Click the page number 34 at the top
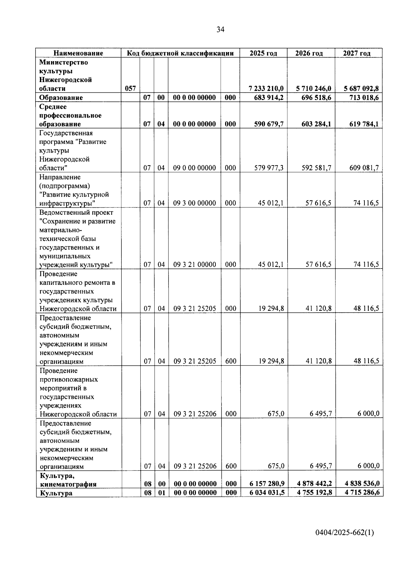click(220, 30)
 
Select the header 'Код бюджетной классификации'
click(181, 53)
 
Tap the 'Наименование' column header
click(78, 53)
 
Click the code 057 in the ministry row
click(130, 88)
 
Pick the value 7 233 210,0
click(266, 88)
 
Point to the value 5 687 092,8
click(361, 88)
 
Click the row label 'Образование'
click(61, 97)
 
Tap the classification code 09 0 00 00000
click(195, 168)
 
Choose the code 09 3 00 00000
click(195, 203)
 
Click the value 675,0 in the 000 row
click(276, 414)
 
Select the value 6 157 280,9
click(267, 484)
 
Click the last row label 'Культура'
click(56, 493)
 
